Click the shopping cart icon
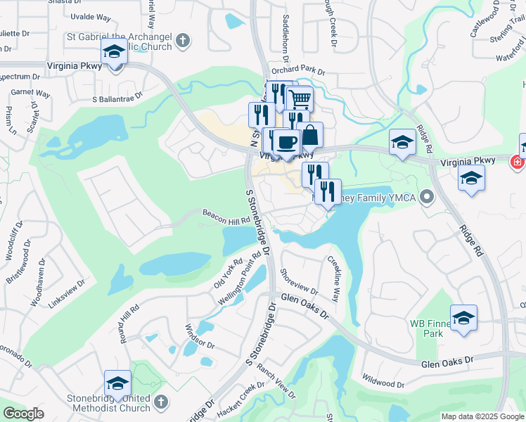300,99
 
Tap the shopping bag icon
309,134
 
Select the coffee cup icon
286,143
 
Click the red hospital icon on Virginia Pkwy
518,161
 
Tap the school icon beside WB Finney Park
463,319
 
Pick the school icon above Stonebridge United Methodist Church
117,384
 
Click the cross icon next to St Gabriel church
182,40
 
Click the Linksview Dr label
67,293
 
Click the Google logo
23,413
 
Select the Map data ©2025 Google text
482,416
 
